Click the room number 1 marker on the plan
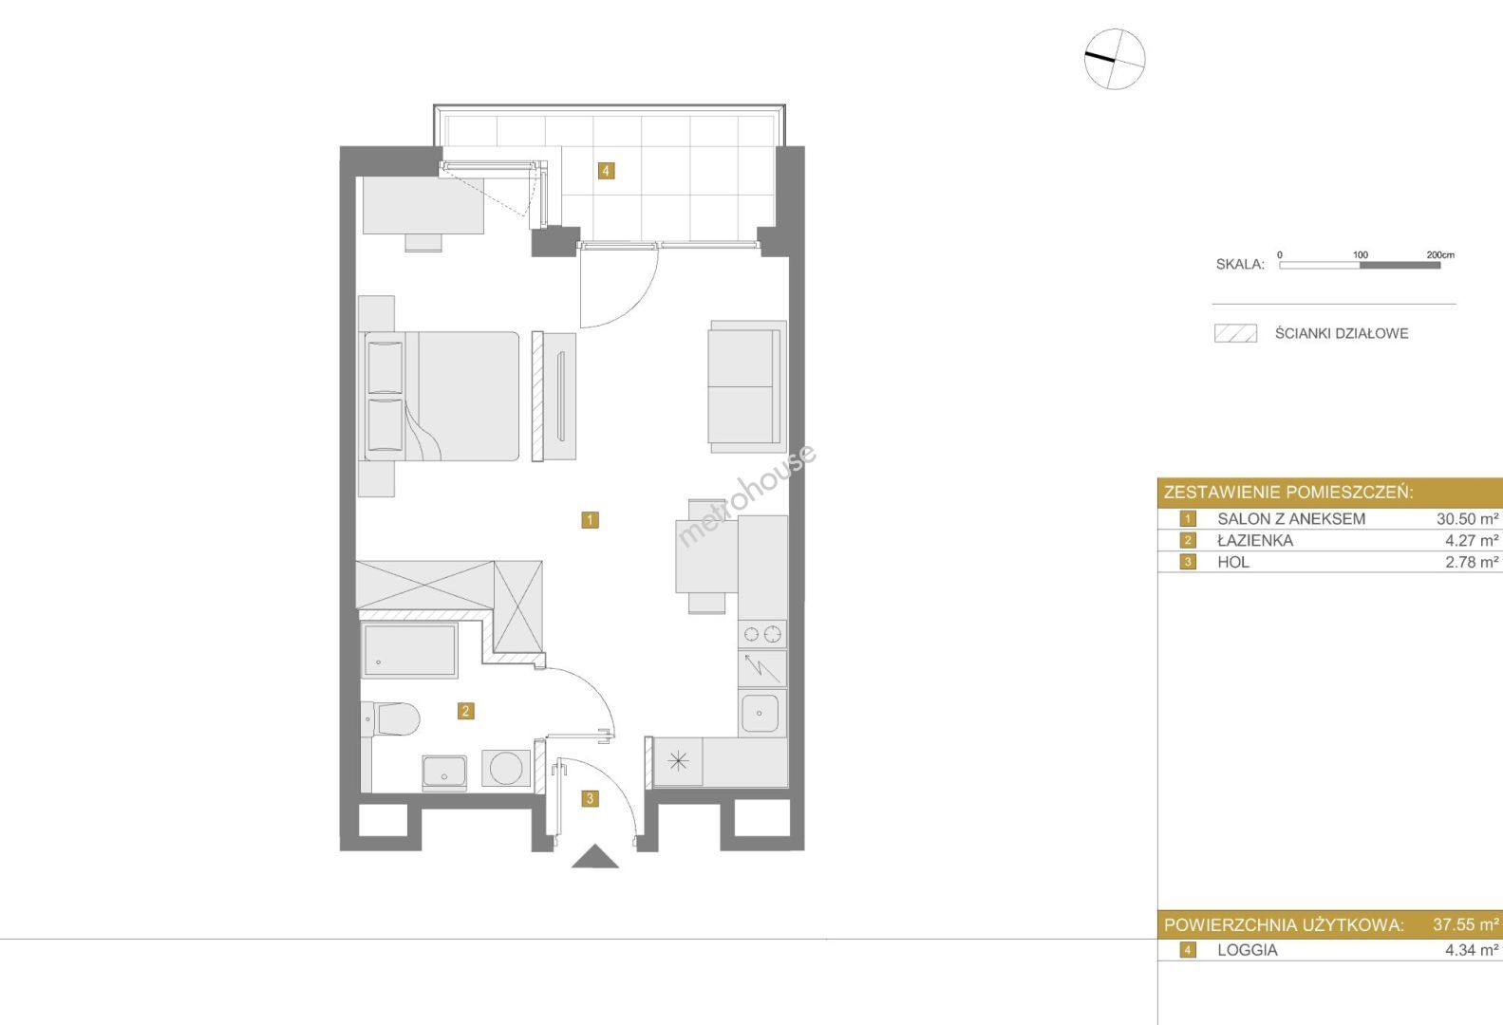tap(590, 519)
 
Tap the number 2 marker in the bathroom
tap(465, 711)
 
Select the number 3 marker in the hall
tap(590, 798)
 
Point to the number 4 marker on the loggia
tap(606, 171)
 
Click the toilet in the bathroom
tap(390, 719)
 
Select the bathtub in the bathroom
tap(409, 649)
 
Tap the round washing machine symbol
tap(506, 768)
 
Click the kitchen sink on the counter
tap(760, 713)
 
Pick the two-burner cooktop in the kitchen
tap(762, 633)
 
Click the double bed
tap(441, 396)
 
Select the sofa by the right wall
tap(747, 385)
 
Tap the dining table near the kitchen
tap(706, 557)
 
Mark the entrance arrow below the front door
tap(594, 857)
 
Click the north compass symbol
tap(1115, 59)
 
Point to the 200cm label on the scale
tap(1440, 255)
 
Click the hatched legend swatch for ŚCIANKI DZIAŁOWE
tap(1235, 333)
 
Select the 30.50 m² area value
tap(1468, 518)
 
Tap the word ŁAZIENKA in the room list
tap(1255, 541)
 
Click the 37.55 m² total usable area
tap(1465, 924)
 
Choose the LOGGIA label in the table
tap(1248, 950)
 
